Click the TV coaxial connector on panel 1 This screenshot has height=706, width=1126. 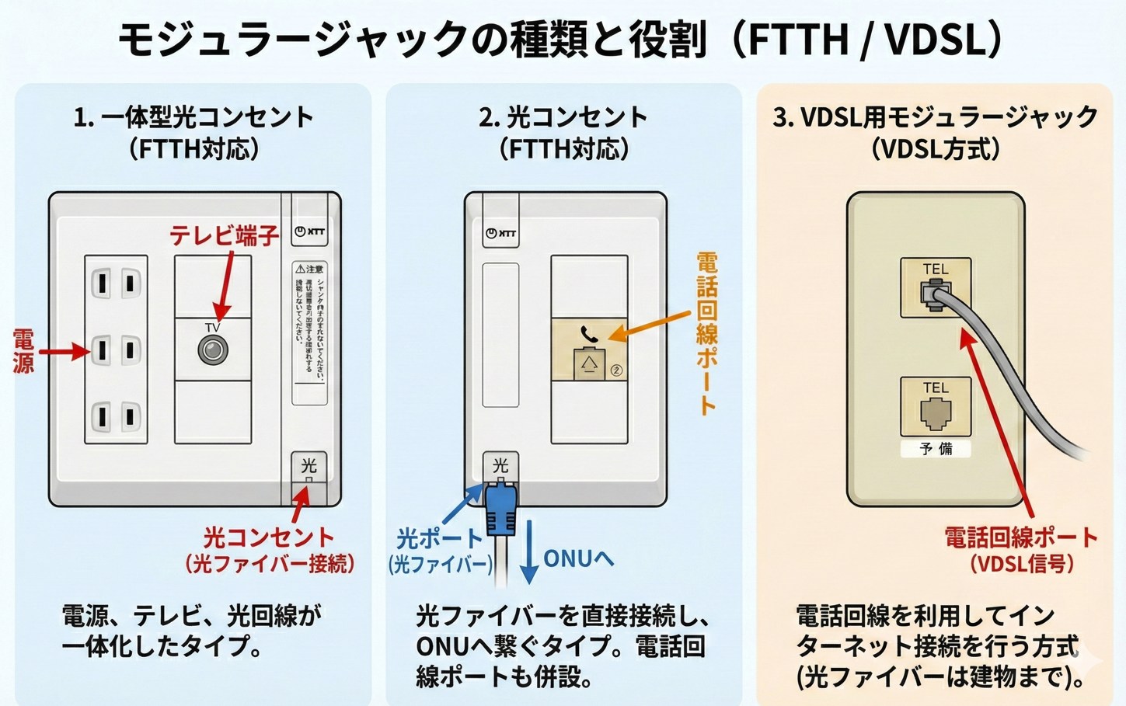(x=211, y=350)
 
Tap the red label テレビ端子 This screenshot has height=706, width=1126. (x=225, y=236)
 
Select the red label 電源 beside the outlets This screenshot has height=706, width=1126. (x=23, y=351)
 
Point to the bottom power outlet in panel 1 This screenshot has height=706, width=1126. (x=115, y=416)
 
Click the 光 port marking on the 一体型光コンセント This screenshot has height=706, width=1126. (x=309, y=466)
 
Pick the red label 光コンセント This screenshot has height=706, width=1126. (x=269, y=537)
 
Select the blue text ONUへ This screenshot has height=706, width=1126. (x=578, y=558)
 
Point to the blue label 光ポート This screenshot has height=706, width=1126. (x=439, y=538)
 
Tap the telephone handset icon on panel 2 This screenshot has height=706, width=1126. (x=589, y=334)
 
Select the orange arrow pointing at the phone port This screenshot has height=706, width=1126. (x=649, y=325)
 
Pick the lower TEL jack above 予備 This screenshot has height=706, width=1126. (x=936, y=413)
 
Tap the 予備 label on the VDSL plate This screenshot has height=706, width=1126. (x=936, y=449)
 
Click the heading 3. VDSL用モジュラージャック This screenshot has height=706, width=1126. (x=935, y=117)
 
